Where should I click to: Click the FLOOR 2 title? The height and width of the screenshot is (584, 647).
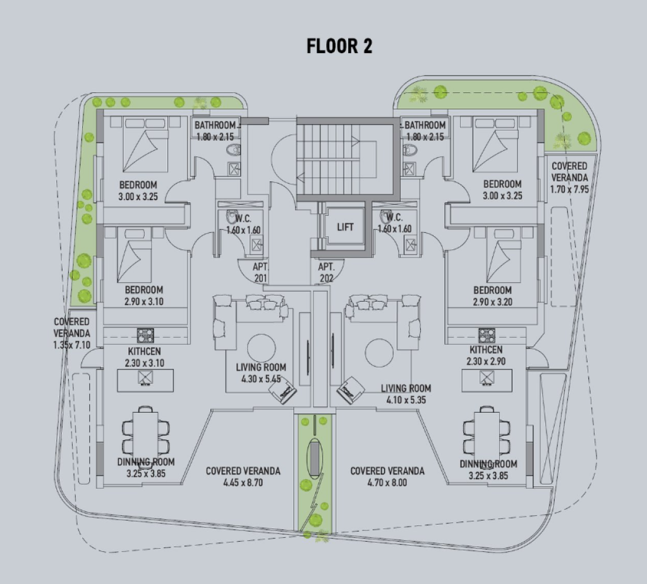pyautogui.click(x=339, y=46)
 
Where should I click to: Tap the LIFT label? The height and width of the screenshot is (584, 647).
pyautogui.click(x=345, y=227)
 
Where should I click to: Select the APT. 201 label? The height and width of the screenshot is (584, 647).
pyautogui.click(x=260, y=272)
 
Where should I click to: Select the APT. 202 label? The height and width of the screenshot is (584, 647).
pyautogui.click(x=326, y=272)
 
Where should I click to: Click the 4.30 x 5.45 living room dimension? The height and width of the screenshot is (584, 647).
pyautogui.click(x=261, y=379)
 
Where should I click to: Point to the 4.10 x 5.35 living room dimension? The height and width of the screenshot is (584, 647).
pyautogui.click(x=406, y=400)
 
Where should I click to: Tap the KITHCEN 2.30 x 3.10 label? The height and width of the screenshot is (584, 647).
pyautogui.click(x=145, y=357)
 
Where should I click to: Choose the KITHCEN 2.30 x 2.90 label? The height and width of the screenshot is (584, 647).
pyautogui.click(x=486, y=355)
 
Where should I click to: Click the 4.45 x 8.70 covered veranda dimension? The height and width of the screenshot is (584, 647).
pyautogui.click(x=243, y=482)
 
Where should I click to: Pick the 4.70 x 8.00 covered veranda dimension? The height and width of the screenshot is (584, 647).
pyautogui.click(x=387, y=482)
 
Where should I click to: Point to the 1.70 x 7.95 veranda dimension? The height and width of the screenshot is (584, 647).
pyautogui.click(x=569, y=189)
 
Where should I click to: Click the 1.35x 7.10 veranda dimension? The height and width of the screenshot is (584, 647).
pyautogui.click(x=72, y=345)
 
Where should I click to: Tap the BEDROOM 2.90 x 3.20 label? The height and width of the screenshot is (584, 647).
pyautogui.click(x=493, y=296)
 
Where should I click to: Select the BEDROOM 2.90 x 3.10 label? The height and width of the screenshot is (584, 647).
pyautogui.click(x=144, y=295)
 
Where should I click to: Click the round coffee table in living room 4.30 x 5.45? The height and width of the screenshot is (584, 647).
pyautogui.click(x=261, y=348)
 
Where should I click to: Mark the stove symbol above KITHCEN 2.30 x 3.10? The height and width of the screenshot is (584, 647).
pyautogui.click(x=145, y=336)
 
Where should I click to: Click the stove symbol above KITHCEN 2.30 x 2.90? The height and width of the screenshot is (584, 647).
pyautogui.click(x=487, y=336)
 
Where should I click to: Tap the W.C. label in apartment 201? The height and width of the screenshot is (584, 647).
pyautogui.click(x=243, y=218)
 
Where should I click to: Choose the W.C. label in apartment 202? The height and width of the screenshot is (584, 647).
pyautogui.click(x=394, y=217)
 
